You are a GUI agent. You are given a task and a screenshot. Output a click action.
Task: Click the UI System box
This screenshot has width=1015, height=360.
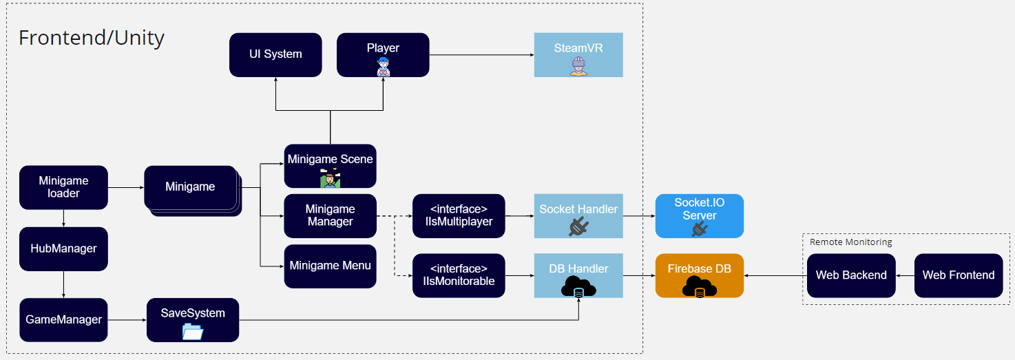tap(275, 54)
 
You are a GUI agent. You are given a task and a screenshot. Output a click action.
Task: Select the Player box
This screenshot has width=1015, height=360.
tap(383, 54)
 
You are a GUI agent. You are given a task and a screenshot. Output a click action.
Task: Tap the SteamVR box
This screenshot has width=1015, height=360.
tap(578, 54)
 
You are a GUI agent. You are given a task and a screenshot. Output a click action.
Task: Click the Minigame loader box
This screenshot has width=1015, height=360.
tap(63, 187)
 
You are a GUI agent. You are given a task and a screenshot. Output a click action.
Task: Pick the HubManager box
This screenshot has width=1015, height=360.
tap(63, 248)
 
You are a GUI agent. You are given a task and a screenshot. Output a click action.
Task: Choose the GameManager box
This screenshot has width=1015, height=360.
tap(63, 319)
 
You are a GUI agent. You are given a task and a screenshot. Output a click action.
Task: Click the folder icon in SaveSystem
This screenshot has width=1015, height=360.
tap(193, 332)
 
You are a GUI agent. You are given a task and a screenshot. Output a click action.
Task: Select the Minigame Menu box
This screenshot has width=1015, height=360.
tap(330, 266)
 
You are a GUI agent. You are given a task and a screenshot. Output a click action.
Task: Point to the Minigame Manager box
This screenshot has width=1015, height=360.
tap(330, 215)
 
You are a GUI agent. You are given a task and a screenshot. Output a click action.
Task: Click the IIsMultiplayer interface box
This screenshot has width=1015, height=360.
tap(459, 215)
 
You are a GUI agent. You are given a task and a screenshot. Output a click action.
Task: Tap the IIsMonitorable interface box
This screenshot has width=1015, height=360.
tap(459, 275)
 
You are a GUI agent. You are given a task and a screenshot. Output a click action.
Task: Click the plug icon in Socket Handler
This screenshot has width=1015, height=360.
tap(578, 226)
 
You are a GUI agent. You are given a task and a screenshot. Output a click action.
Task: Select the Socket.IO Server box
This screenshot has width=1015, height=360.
tap(699, 215)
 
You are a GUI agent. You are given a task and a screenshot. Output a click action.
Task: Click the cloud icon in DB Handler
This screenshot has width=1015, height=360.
tap(578, 288)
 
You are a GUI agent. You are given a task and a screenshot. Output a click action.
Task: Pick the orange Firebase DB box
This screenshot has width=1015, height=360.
tap(699, 275)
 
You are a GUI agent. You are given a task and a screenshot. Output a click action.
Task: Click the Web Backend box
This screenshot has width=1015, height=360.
tap(851, 275)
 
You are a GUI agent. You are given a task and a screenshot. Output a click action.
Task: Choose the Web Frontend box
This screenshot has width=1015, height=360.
tap(958, 275)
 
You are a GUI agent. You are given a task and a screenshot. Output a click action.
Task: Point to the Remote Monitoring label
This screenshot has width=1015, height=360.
tap(850, 242)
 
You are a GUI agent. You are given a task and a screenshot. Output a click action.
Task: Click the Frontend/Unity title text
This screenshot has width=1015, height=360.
tap(92, 38)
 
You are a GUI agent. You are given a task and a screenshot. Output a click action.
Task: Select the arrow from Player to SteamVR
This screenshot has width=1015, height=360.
tap(482, 54)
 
